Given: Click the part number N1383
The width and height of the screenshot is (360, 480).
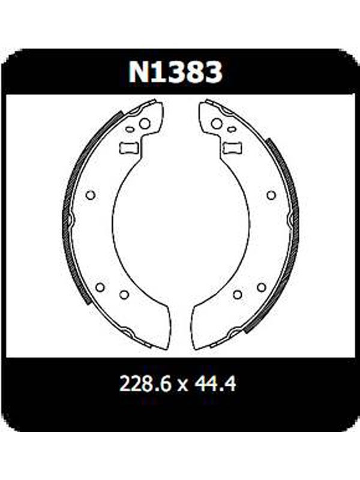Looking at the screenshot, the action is (175, 71).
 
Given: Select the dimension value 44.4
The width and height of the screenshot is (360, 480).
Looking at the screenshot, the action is (214, 383).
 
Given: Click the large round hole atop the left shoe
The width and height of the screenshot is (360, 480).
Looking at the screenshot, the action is (145, 124).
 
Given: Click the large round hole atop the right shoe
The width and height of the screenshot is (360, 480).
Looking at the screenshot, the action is (217, 124).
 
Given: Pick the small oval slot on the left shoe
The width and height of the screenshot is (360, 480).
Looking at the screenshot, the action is (130, 129).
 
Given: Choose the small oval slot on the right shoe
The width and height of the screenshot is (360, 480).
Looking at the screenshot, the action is (232, 130).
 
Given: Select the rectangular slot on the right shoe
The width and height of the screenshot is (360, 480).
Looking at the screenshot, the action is (232, 148).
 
